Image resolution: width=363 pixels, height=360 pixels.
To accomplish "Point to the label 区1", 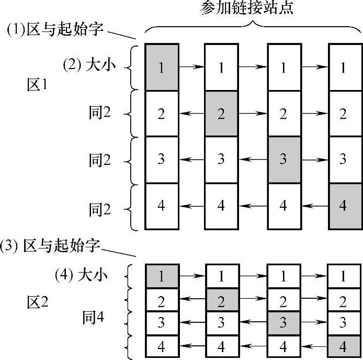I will click(38, 84).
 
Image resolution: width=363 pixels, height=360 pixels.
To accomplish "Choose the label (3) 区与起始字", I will click(52, 246).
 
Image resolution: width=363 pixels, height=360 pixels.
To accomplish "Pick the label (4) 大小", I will click(81, 274).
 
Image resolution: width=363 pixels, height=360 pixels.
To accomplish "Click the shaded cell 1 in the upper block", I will click(161, 67).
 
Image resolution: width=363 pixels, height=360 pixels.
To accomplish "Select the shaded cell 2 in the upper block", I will click(221, 114).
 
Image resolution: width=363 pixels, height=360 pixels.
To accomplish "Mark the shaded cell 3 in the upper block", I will click(283, 160).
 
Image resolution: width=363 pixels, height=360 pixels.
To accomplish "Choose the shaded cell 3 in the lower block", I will click(283, 323).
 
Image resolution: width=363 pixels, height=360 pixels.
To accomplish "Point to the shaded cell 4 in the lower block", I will click(343, 346).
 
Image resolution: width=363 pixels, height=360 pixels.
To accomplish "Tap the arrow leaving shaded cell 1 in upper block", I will click(191, 67).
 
